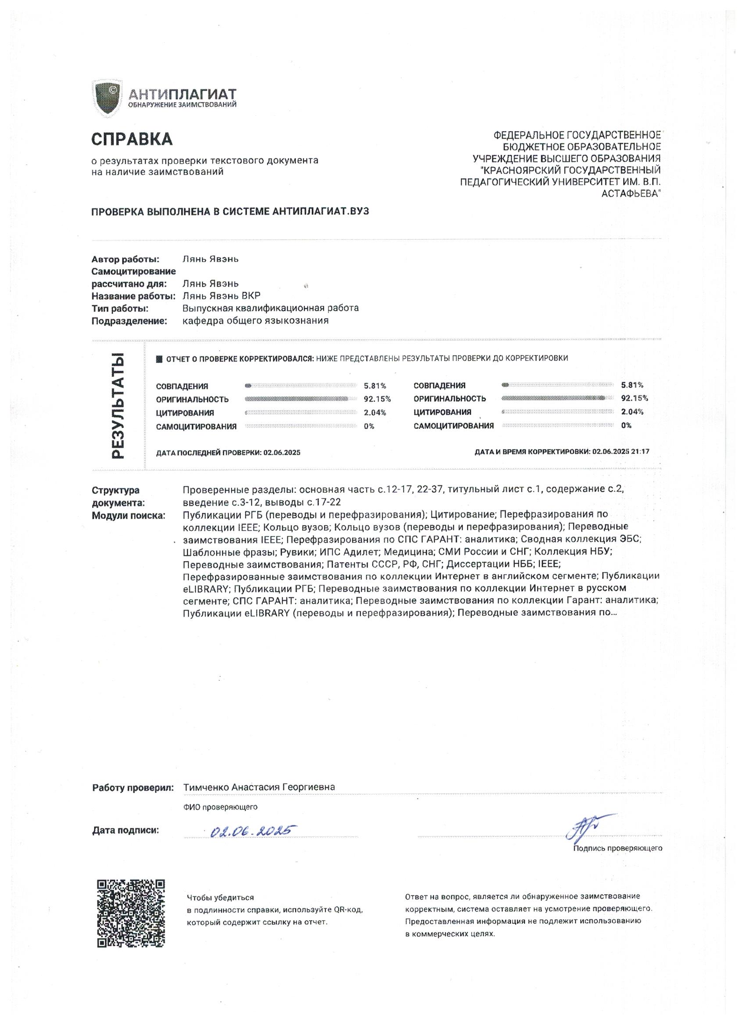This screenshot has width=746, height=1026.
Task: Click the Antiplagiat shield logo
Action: point(107,98)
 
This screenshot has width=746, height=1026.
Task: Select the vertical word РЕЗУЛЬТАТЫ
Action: point(118,405)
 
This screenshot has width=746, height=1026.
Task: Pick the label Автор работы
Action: point(126,259)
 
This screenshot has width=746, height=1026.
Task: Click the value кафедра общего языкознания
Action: point(255,321)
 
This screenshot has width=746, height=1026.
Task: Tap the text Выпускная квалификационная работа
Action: point(270,308)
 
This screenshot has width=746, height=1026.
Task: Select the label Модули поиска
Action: point(128,515)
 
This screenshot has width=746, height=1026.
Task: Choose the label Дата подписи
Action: point(126,830)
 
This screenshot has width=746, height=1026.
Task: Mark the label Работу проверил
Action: point(133,787)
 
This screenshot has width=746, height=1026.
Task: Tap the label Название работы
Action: point(133,296)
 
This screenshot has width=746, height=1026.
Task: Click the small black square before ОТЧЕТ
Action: point(159,359)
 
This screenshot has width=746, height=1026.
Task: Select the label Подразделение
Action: point(129,321)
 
